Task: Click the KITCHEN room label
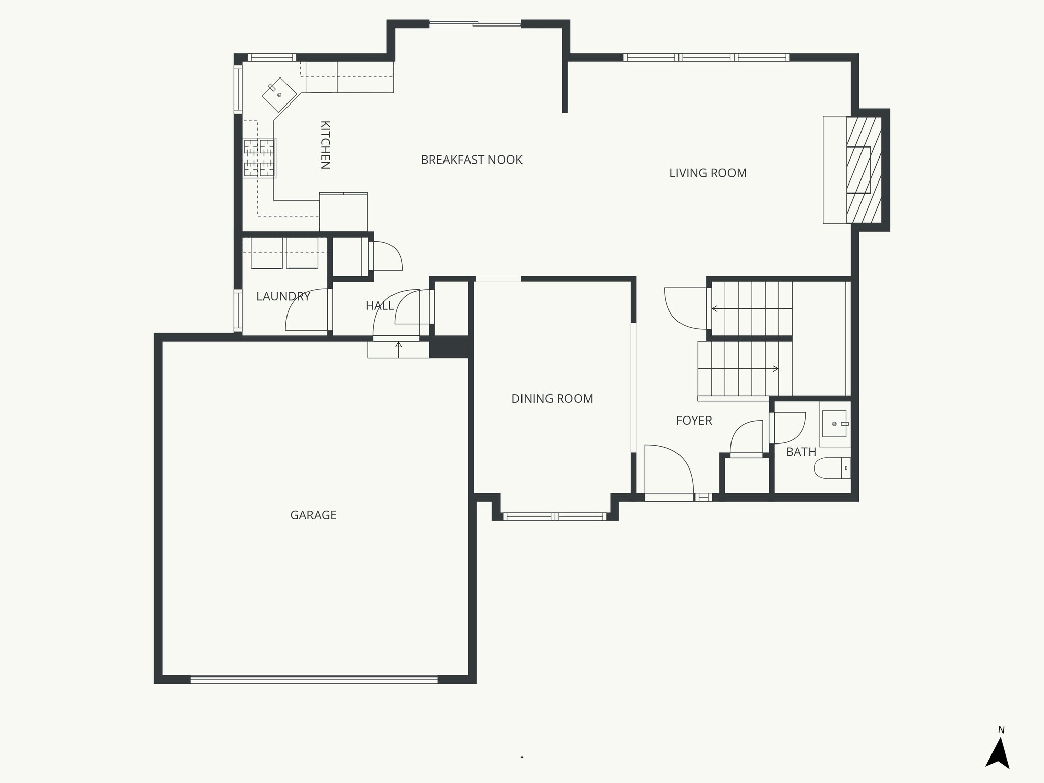click(325, 145)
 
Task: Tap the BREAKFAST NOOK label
click(472, 160)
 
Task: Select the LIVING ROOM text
click(708, 173)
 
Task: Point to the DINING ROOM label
click(552, 399)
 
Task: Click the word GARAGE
click(313, 515)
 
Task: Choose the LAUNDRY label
click(283, 296)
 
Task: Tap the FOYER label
click(694, 421)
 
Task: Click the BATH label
click(801, 452)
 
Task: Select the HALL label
click(379, 306)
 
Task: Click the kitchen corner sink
click(279, 94)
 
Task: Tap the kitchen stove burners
click(259, 158)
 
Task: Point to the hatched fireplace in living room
click(864, 170)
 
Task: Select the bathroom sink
click(834, 424)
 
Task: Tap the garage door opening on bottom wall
click(314, 679)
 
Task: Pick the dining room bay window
click(555, 516)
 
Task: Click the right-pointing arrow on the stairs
click(775, 369)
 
